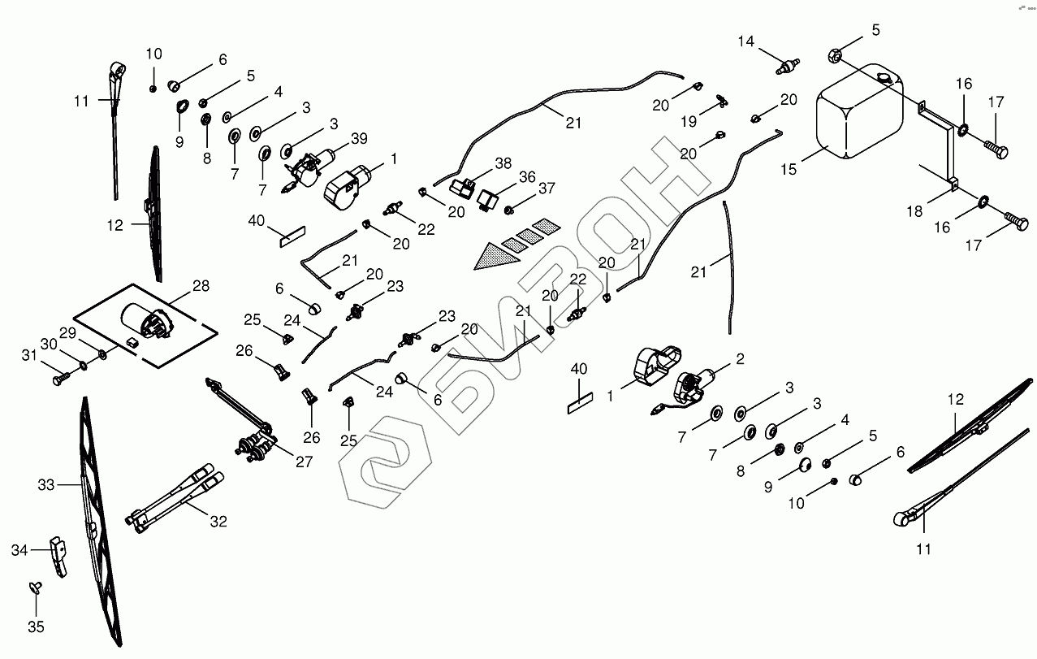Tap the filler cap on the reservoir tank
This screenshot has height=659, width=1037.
point(884,78)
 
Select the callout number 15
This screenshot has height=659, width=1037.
point(789,170)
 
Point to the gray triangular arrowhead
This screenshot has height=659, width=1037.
point(495,257)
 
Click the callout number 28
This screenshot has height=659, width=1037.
point(201,286)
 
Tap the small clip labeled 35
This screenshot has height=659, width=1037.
point(35,587)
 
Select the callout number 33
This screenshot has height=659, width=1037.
point(45,485)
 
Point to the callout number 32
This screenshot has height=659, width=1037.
point(218,522)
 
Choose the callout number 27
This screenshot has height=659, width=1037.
point(305,462)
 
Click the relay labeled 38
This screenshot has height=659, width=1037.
point(462,187)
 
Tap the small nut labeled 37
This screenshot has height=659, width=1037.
point(509,210)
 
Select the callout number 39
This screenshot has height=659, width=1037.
point(359,138)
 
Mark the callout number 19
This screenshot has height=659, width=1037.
point(689,122)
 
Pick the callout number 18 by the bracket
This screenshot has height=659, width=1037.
point(914,211)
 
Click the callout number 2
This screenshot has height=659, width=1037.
point(741,358)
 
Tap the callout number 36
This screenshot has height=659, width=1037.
point(527,177)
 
